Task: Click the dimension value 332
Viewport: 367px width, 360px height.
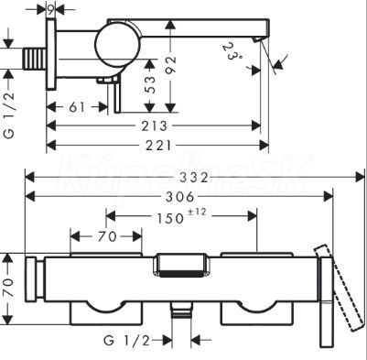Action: tap(194, 178)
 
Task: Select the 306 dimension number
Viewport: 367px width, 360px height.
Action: tap(179, 197)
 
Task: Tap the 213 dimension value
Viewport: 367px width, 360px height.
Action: tap(154, 125)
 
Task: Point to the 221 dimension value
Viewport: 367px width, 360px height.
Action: tap(158, 146)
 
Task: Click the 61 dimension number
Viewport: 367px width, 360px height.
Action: tap(77, 107)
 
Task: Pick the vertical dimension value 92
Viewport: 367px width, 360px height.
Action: tap(171, 64)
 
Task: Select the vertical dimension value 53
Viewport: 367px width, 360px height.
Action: tap(149, 84)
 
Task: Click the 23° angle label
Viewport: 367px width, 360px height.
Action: tap(233, 51)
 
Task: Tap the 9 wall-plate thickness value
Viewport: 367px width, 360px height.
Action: tap(50, 10)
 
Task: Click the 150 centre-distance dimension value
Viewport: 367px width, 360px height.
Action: tap(170, 219)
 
